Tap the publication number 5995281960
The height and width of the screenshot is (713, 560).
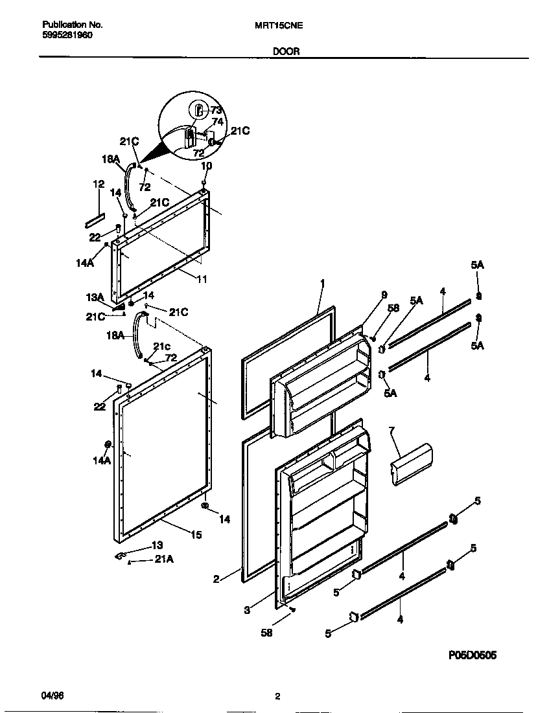click(67, 36)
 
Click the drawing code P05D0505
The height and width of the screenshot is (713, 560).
click(472, 655)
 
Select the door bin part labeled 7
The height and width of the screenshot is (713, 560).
click(412, 464)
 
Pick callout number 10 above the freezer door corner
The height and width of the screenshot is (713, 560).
click(207, 166)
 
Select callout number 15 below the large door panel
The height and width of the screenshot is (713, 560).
click(196, 534)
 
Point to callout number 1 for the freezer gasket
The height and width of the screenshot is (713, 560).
click(322, 283)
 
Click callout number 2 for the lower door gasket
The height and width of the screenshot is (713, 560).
click(216, 580)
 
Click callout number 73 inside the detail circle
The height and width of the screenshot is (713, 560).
click(216, 110)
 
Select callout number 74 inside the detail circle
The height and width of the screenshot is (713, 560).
click(218, 121)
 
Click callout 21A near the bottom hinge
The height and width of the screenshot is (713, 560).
click(164, 560)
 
